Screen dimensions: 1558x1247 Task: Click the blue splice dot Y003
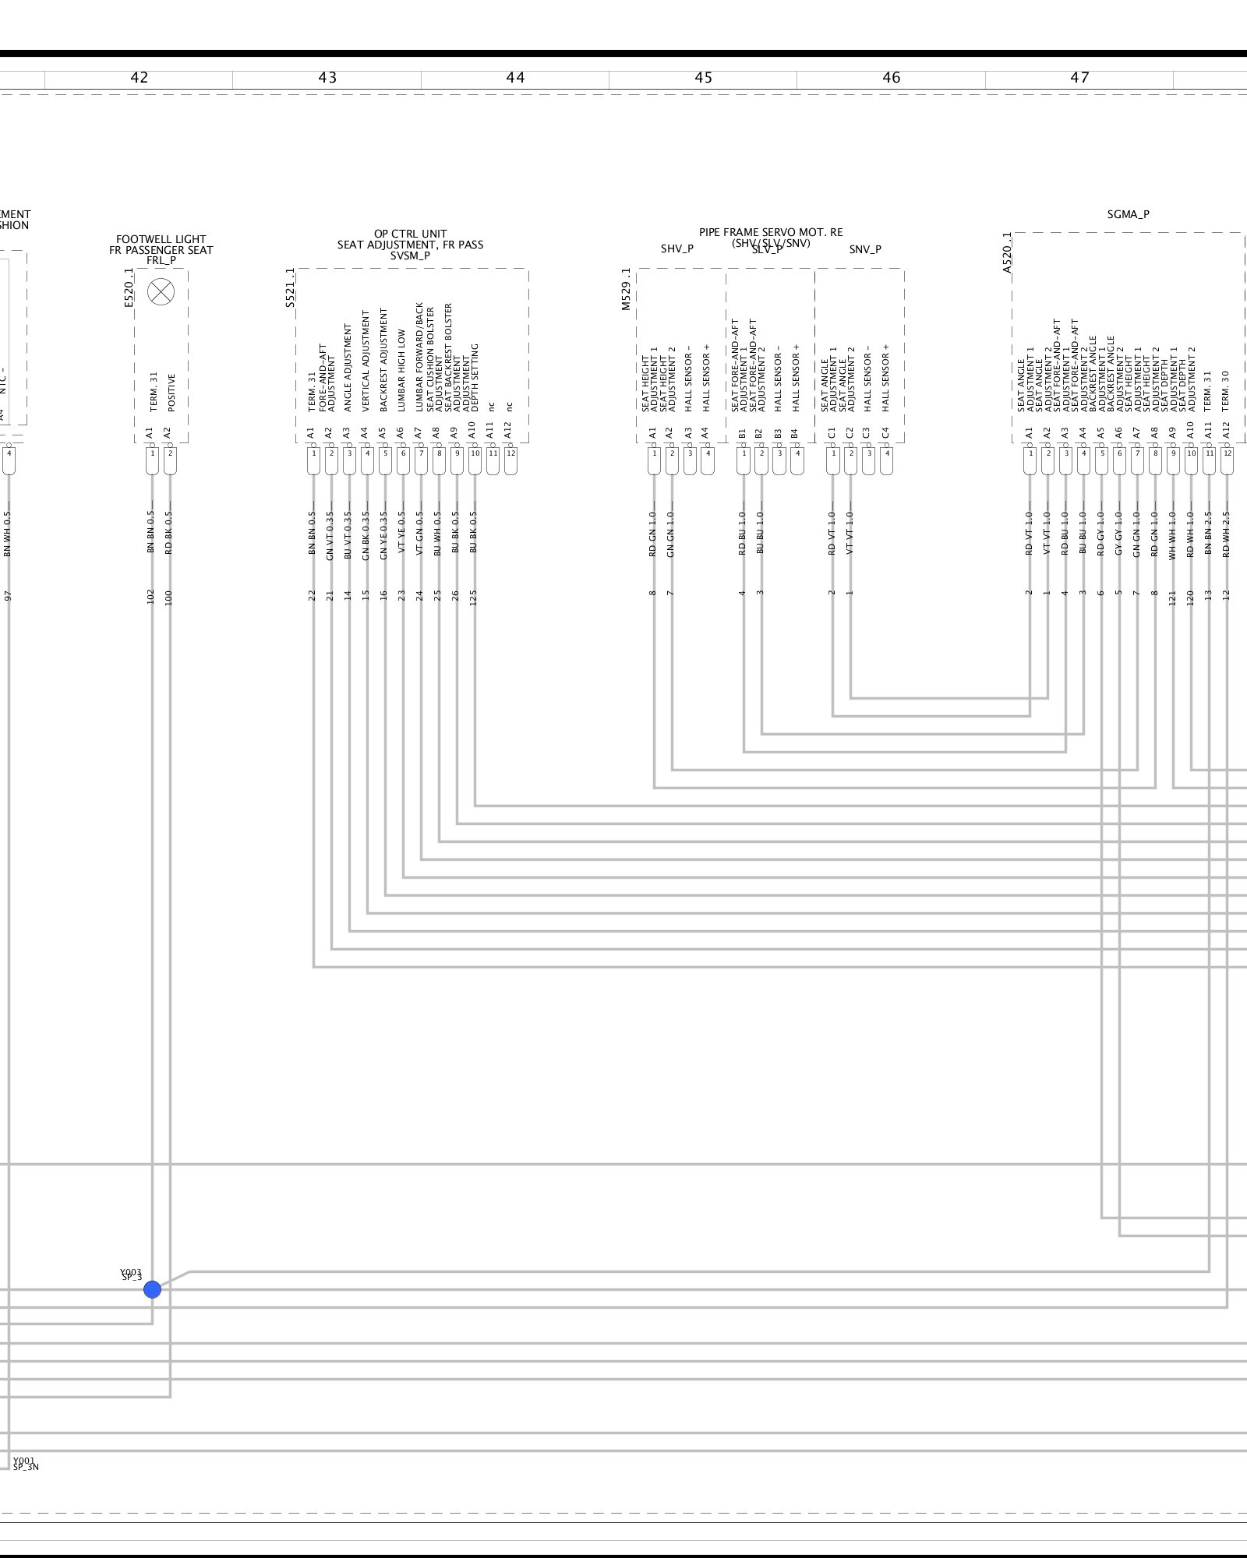(x=152, y=1289)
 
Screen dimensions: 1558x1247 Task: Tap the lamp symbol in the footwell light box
(x=161, y=291)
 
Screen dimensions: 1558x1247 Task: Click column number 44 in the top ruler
(x=515, y=78)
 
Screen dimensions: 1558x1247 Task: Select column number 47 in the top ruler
(x=1079, y=78)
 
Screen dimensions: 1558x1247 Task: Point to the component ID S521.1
(x=290, y=287)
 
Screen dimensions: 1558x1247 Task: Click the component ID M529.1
(x=626, y=289)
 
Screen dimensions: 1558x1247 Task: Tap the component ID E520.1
(x=129, y=287)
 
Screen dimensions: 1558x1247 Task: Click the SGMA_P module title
(x=1128, y=214)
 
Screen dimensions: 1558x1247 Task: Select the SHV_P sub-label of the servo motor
(x=676, y=249)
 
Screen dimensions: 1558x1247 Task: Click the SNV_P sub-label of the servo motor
(x=865, y=249)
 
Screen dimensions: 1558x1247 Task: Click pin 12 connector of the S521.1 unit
(x=510, y=460)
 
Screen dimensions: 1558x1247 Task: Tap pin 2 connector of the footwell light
(x=170, y=460)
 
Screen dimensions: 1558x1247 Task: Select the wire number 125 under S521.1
(x=474, y=597)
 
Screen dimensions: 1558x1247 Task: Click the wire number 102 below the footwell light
(x=151, y=597)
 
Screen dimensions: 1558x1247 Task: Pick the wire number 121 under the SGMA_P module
(x=1172, y=597)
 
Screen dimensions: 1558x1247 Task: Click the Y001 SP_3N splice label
(x=25, y=1464)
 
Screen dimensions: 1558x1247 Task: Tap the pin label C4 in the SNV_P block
(x=885, y=432)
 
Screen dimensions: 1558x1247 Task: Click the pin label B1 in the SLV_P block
(x=743, y=432)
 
